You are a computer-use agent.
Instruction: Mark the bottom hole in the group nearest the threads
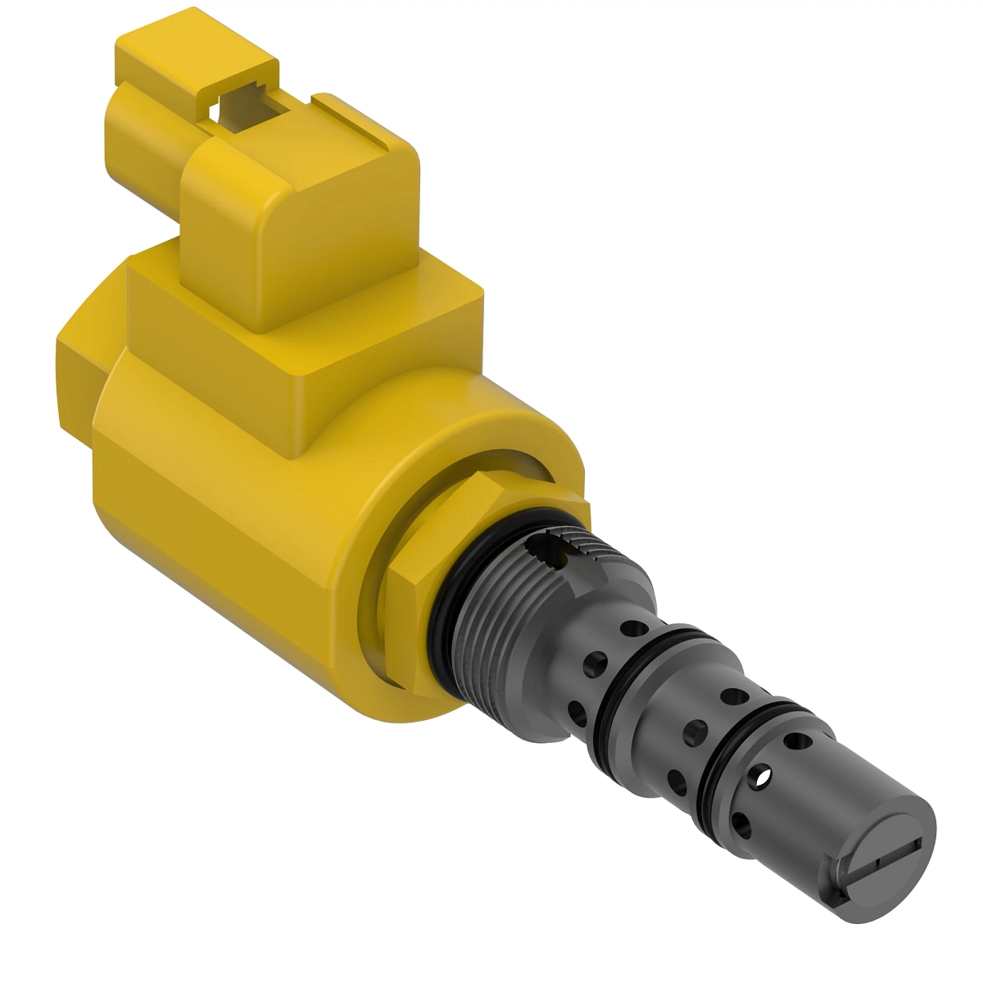[577, 713]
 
